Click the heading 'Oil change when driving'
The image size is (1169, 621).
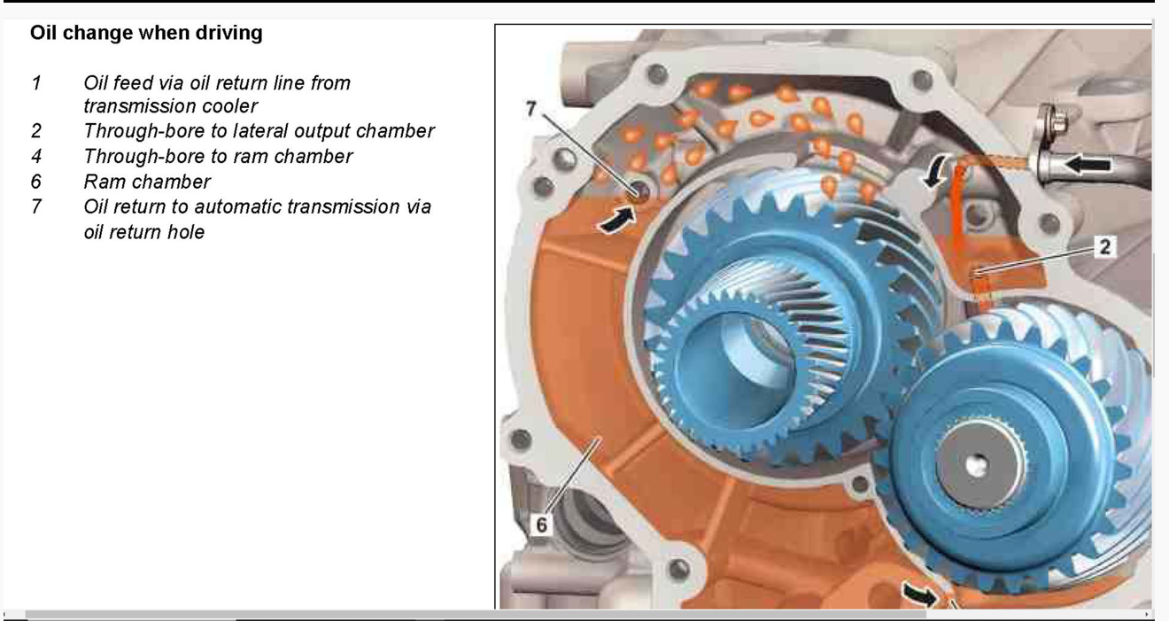(146, 33)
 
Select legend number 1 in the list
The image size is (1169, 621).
(36, 83)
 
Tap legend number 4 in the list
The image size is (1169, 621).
(36, 156)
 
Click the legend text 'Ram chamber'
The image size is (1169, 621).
(147, 182)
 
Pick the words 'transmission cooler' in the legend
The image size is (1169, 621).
(170, 106)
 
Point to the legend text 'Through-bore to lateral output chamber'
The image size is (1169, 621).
(259, 131)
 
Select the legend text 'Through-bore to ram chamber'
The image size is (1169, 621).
(218, 156)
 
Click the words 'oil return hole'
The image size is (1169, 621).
(144, 232)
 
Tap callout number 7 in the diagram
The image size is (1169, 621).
(530, 109)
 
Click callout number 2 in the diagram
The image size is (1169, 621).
(1105, 247)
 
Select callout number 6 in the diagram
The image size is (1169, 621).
(542, 524)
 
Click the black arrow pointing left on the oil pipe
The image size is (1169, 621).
(1088, 166)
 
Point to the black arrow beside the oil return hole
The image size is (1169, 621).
(616, 219)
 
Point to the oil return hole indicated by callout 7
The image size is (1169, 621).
(639, 192)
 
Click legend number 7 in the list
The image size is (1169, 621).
(36, 206)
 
